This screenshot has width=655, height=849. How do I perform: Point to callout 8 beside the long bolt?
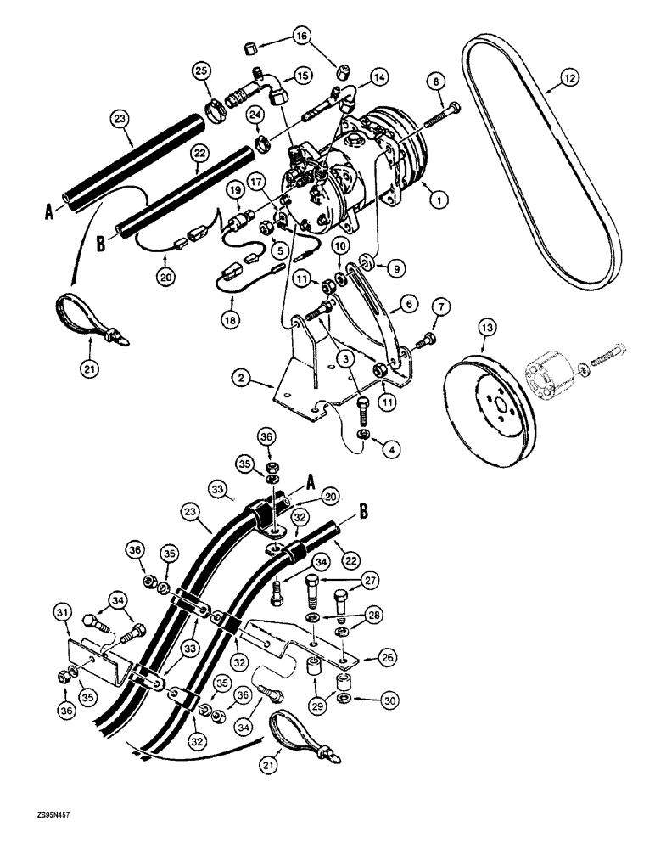pos(436,82)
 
